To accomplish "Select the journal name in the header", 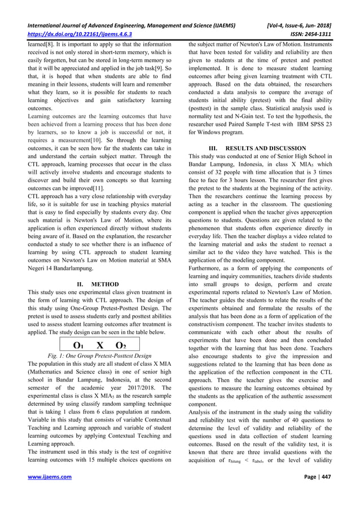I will (x=135, y=24).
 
